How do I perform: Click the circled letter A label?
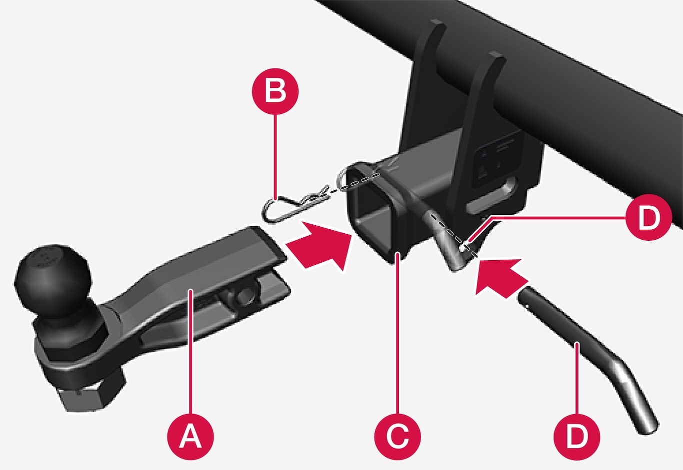[190, 436]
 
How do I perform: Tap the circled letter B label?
[275, 91]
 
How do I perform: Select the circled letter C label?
[397, 436]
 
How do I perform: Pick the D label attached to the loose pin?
[576, 436]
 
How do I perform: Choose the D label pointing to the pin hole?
[648, 217]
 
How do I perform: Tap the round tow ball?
[52, 281]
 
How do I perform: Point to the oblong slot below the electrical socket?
[491, 195]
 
